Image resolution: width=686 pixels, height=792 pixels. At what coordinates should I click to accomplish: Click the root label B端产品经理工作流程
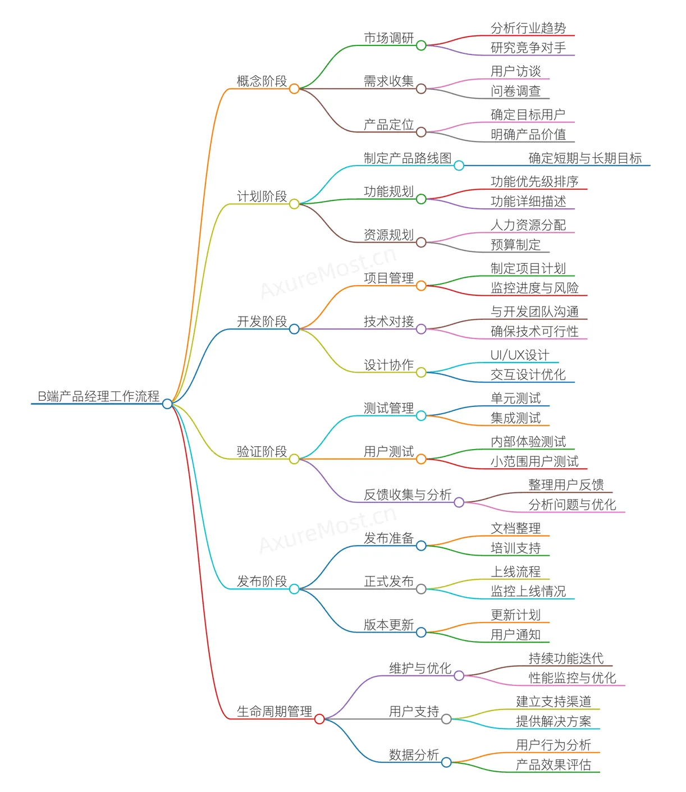click(x=98, y=396)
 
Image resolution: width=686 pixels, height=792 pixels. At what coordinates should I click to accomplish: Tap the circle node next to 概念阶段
click(x=294, y=89)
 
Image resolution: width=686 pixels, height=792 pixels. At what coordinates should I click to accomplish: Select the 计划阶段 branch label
click(x=262, y=196)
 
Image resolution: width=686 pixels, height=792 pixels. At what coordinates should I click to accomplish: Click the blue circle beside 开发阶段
click(x=294, y=329)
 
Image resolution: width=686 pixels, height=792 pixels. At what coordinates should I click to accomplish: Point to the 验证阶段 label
click(x=262, y=451)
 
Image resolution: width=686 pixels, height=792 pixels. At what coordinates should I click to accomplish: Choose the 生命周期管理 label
click(x=275, y=712)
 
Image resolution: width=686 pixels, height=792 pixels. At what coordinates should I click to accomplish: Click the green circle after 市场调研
click(x=421, y=45)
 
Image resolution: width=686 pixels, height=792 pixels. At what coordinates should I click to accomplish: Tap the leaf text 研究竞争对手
click(x=528, y=48)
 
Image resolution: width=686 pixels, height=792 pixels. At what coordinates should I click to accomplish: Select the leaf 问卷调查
click(x=515, y=91)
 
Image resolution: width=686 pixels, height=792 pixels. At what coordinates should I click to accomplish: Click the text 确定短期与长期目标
click(x=585, y=158)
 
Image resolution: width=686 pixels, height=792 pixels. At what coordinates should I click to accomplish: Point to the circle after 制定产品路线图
click(x=459, y=166)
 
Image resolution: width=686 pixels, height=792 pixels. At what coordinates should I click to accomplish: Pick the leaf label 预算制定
click(x=515, y=245)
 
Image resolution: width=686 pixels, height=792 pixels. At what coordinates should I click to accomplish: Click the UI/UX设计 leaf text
click(x=520, y=355)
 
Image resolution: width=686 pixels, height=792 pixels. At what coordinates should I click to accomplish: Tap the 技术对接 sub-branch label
click(x=388, y=321)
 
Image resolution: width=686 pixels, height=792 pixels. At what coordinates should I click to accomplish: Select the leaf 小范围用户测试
click(x=534, y=461)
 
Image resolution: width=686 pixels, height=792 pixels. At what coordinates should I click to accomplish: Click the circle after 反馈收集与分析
click(x=459, y=502)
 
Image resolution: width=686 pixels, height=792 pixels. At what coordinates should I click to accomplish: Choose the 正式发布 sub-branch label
click(x=388, y=582)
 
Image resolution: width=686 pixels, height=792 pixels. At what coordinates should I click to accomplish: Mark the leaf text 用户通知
click(x=515, y=634)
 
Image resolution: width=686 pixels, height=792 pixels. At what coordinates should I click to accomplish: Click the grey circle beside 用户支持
click(x=446, y=719)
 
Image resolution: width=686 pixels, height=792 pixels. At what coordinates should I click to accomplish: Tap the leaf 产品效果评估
click(x=554, y=765)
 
